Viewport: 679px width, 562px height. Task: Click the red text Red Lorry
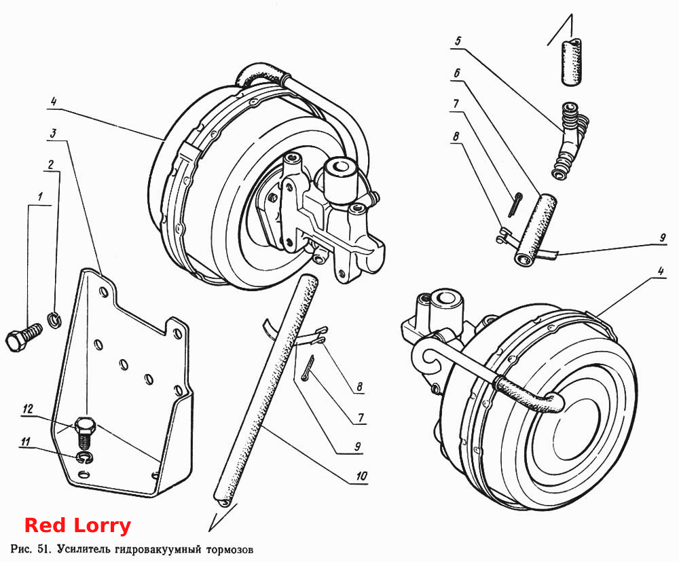click(x=77, y=525)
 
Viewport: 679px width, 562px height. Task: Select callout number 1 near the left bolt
click(x=40, y=198)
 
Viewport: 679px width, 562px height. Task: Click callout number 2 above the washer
click(x=51, y=164)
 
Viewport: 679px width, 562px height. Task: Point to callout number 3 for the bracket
click(x=53, y=133)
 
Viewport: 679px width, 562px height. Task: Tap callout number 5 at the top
click(x=458, y=41)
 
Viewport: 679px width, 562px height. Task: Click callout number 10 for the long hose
click(x=361, y=476)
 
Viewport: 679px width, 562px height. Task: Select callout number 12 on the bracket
click(x=28, y=409)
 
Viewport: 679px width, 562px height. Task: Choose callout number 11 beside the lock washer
click(x=26, y=442)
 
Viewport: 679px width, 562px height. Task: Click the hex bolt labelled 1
click(x=24, y=337)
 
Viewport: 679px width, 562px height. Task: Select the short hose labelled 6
click(x=536, y=229)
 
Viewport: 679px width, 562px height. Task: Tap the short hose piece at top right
click(x=572, y=62)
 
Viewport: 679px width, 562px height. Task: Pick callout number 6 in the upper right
click(x=456, y=73)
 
